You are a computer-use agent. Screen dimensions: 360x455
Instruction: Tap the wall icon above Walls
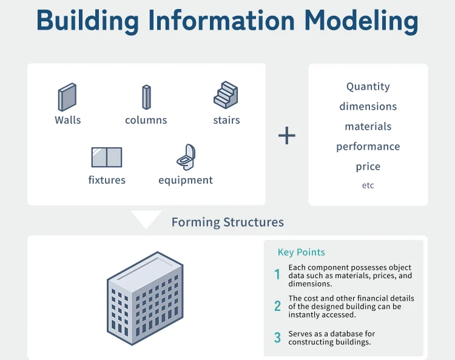(x=67, y=97)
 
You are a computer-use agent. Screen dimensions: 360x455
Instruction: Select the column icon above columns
(x=146, y=97)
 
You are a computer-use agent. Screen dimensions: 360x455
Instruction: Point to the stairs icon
(x=226, y=95)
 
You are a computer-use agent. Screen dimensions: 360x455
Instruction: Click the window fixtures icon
(x=107, y=157)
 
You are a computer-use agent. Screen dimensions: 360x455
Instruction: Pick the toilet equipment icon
(x=186, y=157)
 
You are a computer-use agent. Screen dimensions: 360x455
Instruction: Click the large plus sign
(x=286, y=135)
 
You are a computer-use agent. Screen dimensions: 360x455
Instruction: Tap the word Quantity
(x=368, y=87)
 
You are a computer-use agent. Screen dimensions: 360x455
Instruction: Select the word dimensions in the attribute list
(x=368, y=107)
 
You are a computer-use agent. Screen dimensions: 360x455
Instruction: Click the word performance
(x=368, y=147)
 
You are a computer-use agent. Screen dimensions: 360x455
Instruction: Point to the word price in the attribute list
(x=368, y=167)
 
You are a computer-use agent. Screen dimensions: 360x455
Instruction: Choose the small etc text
(x=368, y=185)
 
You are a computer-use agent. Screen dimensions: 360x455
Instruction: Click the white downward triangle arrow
(x=146, y=218)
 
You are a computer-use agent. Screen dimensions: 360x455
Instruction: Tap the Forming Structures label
(x=227, y=222)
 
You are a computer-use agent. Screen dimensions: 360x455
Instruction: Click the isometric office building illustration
(x=146, y=298)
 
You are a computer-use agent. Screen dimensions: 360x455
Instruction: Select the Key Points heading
(x=301, y=253)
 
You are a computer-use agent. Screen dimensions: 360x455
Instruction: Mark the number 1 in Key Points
(x=277, y=275)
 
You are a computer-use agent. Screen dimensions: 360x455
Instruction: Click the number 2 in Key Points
(x=277, y=306)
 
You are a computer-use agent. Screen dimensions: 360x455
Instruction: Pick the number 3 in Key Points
(x=277, y=338)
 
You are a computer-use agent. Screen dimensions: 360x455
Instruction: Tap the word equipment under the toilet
(x=186, y=180)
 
